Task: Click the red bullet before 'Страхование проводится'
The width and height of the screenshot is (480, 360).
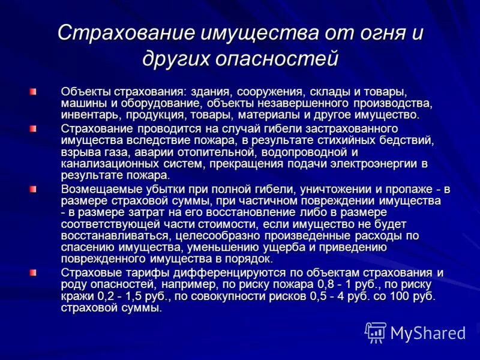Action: [x=33, y=129]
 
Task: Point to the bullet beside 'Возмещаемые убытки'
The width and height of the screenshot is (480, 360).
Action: [x=33, y=189]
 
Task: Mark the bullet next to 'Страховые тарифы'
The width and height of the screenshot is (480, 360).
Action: [x=33, y=272]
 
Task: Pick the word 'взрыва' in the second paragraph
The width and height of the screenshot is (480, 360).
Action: [x=79, y=152]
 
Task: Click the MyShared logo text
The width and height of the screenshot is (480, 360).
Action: [x=428, y=332]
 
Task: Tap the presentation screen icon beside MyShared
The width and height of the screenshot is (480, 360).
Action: [x=376, y=332]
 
